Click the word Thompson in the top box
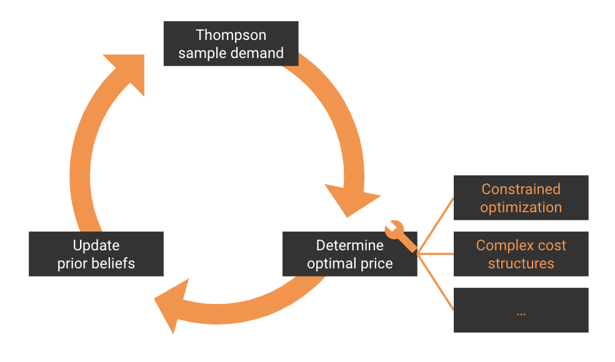[231, 35]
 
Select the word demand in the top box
[257, 53]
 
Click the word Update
[96, 246]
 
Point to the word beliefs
[113, 263]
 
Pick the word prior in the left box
[72, 264]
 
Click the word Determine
[350, 245]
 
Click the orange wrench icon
[400, 236]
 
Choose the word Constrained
[521, 189]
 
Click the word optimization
[521, 208]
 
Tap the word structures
[521, 263]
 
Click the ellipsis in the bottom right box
[521, 313]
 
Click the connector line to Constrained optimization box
[436, 226]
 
